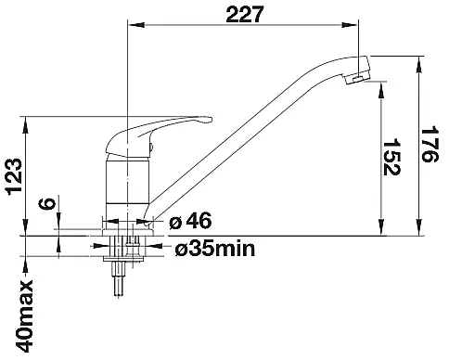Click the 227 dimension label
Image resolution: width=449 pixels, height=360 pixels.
(x=245, y=15)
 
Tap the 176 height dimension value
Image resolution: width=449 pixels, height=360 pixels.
(x=430, y=144)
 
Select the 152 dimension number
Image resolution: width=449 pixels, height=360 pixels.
(x=391, y=157)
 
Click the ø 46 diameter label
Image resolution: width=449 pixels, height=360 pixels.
(x=190, y=222)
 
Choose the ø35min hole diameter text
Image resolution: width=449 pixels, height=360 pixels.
(x=215, y=249)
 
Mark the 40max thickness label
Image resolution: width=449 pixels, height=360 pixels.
(x=24, y=315)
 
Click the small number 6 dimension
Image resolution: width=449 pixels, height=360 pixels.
(x=47, y=203)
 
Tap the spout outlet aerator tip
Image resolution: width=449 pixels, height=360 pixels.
(x=357, y=79)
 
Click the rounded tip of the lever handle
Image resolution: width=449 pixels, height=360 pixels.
(x=210, y=120)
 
